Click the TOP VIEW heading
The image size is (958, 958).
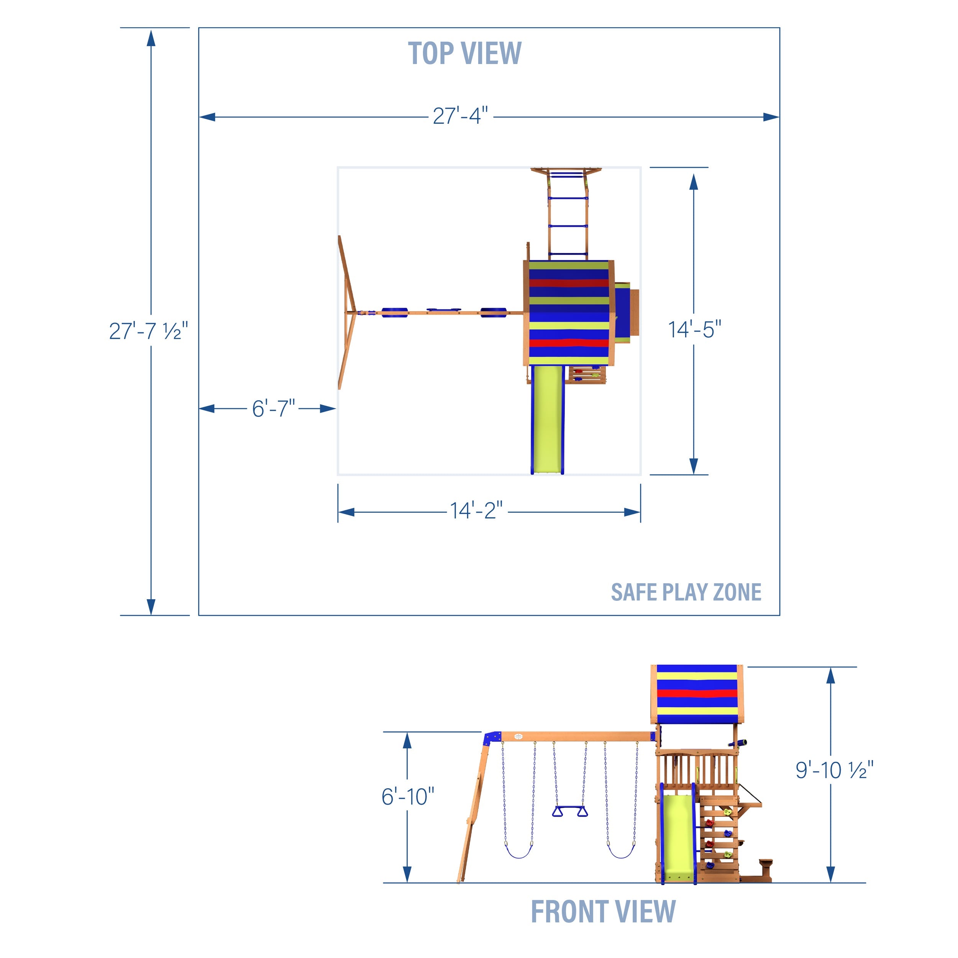(464, 54)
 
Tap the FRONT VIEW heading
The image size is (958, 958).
(603, 911)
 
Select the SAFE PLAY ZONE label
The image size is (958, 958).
(686, 592)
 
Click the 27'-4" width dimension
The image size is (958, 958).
(460, 116)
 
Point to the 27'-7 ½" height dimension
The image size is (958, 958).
(148, 331)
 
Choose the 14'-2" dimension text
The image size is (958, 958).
(476, 511)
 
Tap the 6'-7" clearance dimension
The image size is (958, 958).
(273, 408)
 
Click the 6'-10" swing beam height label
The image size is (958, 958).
(408, 797)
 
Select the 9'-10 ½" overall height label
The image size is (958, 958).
(834, 771)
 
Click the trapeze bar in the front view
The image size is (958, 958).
(570, 812)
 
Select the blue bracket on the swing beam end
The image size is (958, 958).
(492, 737)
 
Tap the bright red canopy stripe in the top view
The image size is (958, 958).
(569, 343)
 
